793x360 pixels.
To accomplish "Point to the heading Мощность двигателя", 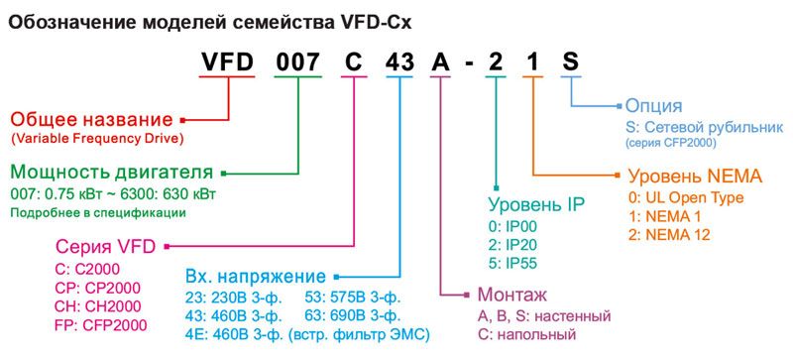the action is [x=111, y=171].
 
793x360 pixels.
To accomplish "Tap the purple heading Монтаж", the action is [x=511, y=295].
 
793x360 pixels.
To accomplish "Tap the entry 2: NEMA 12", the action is [x=677, y=234].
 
